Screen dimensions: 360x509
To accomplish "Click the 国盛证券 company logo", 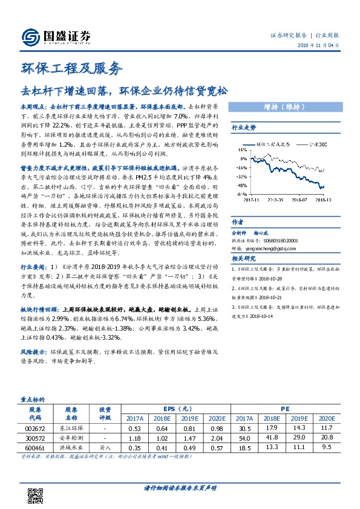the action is coord(56,37).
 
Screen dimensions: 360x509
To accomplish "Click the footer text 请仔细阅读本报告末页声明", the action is coord(179,487).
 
